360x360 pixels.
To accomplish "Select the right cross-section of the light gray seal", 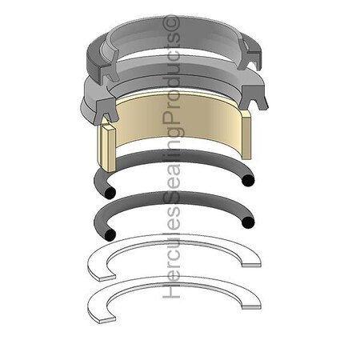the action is pyautogui.click(x=254, y=98).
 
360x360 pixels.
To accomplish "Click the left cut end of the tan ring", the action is pyautogui.click(x=107, y=148).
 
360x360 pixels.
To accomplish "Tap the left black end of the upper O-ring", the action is pyautogui.click(x=110, y=193).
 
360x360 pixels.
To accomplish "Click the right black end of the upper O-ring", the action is pyautogui.click(x=248, y=181).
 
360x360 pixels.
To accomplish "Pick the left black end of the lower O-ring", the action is pyautogui.click(x=110, y=234).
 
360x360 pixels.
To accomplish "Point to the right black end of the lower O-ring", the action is pyautogui.click(x=248, y=222).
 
